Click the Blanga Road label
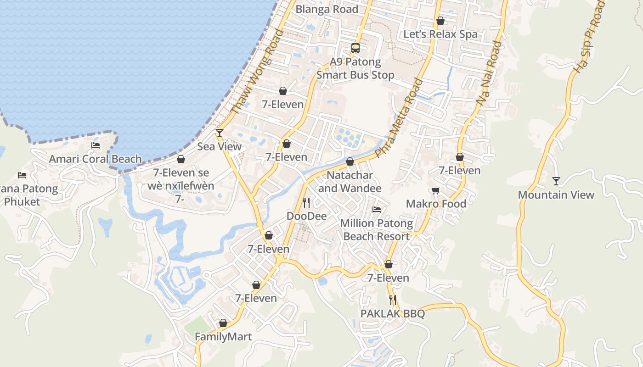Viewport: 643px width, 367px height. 327,9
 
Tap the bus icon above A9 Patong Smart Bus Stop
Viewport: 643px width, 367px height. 355,48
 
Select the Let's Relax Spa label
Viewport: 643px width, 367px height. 440,34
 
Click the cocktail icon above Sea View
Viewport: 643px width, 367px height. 220,133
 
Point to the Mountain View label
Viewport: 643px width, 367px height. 556,195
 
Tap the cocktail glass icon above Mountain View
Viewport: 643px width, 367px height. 556,181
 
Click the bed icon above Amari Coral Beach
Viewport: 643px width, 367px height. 96,145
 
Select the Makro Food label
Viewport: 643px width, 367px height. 436,204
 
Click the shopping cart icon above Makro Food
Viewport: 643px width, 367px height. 435,190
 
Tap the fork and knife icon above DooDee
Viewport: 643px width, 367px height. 306,202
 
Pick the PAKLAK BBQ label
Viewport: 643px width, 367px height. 392,314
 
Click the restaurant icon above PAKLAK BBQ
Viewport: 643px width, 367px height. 393,300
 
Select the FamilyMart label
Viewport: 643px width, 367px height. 223,337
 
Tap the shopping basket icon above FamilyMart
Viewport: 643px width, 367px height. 223,323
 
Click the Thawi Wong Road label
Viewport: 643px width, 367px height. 258,72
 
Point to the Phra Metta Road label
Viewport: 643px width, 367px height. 399,118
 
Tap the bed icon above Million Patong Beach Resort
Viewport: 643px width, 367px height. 377,210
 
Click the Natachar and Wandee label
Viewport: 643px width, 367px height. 350,182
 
